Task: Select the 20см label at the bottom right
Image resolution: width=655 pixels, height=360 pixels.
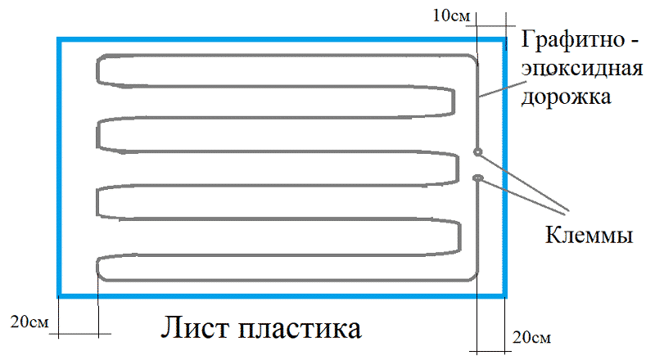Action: tap(530, 337)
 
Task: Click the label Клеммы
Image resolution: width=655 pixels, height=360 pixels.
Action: tap(589, 236)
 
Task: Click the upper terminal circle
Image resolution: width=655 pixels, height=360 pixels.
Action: tap(478, 151)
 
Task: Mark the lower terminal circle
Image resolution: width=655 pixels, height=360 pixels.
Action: tap(478, 177)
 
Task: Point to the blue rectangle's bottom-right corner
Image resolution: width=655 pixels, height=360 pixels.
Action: tap(504, 295)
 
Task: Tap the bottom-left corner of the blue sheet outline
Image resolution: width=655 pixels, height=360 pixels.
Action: tap(59, 295)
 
